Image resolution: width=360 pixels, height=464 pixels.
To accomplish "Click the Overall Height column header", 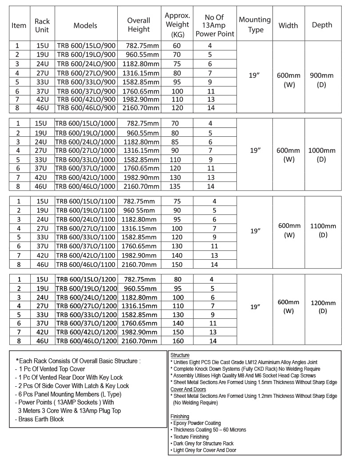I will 139,25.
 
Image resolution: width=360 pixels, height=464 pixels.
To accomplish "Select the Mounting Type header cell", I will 255,25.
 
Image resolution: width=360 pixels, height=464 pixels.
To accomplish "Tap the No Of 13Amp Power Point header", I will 215,25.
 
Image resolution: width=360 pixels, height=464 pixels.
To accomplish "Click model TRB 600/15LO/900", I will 86,46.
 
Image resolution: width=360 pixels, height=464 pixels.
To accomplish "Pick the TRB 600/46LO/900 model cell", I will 86,108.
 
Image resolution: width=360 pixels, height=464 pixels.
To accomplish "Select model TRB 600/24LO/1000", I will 86,142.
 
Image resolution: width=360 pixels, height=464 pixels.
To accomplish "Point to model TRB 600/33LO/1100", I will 86,237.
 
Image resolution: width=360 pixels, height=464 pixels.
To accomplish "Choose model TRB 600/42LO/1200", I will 86,332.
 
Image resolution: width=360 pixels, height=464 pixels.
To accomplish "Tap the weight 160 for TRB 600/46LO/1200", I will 177,341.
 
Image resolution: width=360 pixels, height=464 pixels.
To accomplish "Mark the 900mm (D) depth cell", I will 321,80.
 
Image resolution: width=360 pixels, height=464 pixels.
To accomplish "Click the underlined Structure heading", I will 180,356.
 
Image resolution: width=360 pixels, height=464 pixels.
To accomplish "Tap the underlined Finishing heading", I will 180,416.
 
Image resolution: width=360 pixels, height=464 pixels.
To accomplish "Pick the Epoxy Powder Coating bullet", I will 196,423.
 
